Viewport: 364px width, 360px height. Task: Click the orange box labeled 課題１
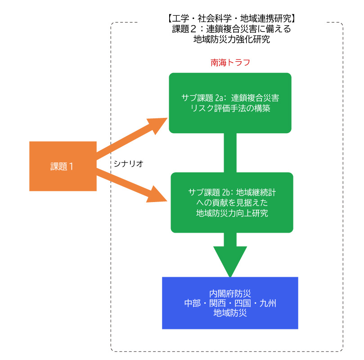click(x=63, y=166)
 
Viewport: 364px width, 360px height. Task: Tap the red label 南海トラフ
click(x=230, y=63)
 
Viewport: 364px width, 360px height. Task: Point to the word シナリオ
click(x=129, y=163)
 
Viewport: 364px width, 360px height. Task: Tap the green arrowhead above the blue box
click(x=230, y=261)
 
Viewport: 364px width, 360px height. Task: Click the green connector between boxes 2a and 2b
click(x=230, y=153)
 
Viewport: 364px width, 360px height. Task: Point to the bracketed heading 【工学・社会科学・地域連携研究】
click(x=229, y=19)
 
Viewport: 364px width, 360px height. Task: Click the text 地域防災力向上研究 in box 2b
click(x=232, y=213)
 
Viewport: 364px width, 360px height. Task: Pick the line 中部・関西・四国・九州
click(x=230, y=303)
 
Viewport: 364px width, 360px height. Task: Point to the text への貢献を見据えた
click(x=232, y=203)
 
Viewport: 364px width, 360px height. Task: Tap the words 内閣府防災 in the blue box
click(x=230, y=293)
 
